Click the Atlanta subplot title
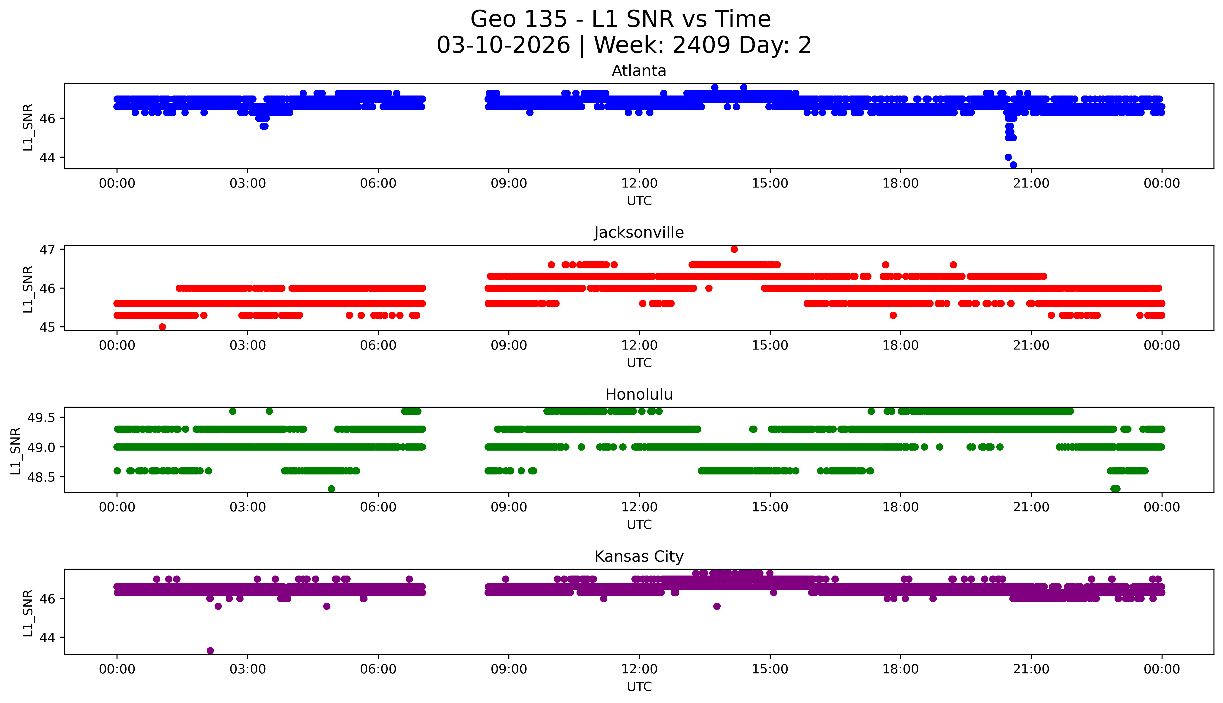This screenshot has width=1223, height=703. coord(639,71)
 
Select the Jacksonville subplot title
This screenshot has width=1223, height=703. coord(639,233)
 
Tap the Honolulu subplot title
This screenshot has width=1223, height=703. coord(639,394)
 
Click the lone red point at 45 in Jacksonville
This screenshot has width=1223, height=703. coord(162,327)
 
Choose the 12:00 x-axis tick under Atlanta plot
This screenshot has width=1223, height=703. coord(639,184)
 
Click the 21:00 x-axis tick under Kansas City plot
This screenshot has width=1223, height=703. coord(1031,669)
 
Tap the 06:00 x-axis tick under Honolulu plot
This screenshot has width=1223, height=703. coord(378,507)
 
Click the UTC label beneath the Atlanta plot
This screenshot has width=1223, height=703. coord(639,201)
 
